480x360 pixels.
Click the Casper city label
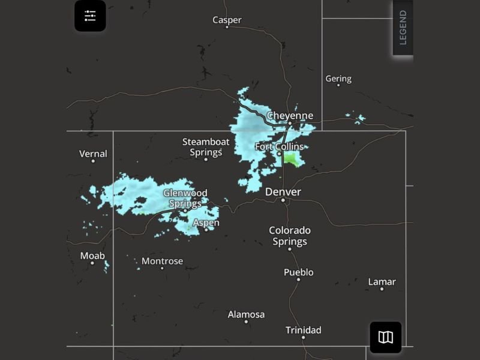(227, 20)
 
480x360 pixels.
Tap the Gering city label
(338, 79)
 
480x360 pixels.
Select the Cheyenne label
(290, 116)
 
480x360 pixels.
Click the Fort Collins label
(279, 147)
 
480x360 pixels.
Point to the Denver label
(283, 192)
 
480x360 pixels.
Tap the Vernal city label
(93, 154)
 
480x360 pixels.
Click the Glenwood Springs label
(185, 198)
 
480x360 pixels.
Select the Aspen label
(206, 223)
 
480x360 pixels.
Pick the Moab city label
(92, 256)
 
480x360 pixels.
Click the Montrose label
(162, 261)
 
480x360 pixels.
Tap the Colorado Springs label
(290, 236)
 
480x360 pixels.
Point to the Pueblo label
(298, 272)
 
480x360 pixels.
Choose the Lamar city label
(382, 282)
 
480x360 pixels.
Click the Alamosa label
(246, 314)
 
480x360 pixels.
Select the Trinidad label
(303, 330)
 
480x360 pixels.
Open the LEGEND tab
(403, 28)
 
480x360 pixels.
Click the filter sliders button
(90, 16)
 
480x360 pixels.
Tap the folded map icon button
(385, 337)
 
